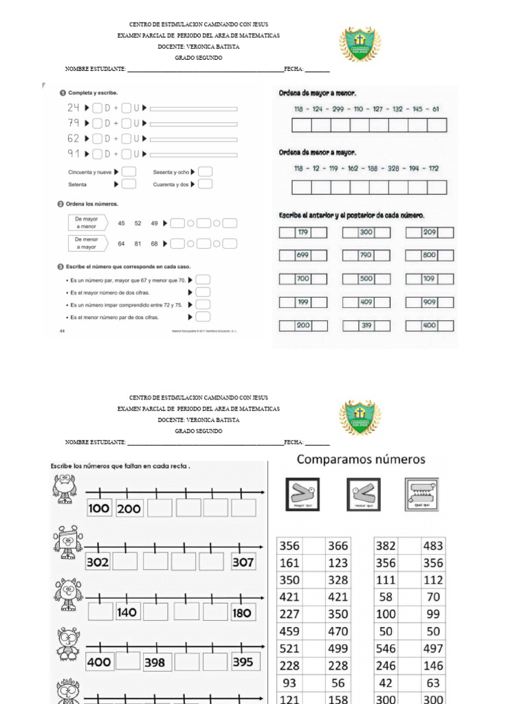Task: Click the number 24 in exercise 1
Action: [x=74, y=108]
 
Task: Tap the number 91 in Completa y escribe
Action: [x=74, y=153]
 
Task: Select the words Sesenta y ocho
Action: [x=170, y=172]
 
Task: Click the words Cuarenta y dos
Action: [x=170, y=184]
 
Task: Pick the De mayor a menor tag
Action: [x=87, y=222]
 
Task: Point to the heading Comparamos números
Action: [x=361, y=459]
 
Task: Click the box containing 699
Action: [x=302, y=255]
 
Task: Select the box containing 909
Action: [x=429, y=302]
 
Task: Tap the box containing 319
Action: [x=366, y=325]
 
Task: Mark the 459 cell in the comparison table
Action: [x=289, y=631]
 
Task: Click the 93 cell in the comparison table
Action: [x=289, y=682]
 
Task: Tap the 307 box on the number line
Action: [x=243, y=562]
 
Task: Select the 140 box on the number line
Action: [x=126, y=612]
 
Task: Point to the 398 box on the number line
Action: [x=154, y=663]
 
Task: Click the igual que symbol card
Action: [x=421, y=494]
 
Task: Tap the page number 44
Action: [x=62, y=331]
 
